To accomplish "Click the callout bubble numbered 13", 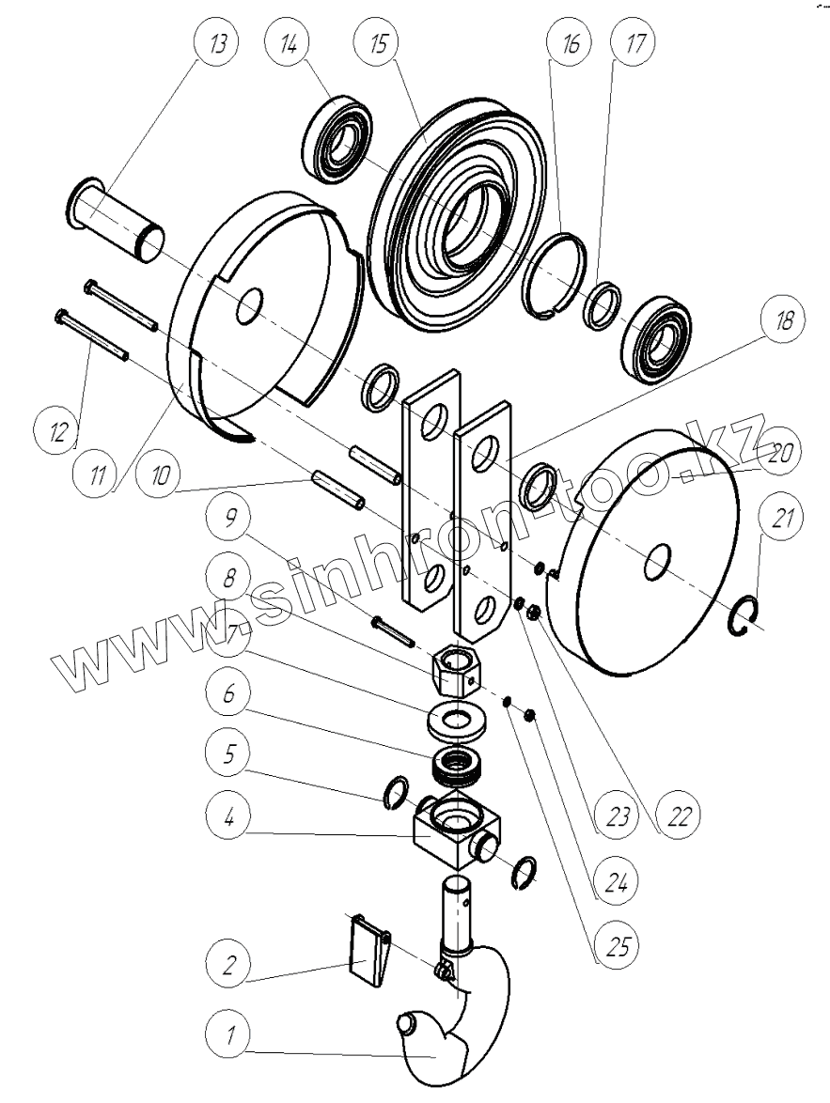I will (x=216, y=43).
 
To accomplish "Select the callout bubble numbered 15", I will (x=378, y=43).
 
